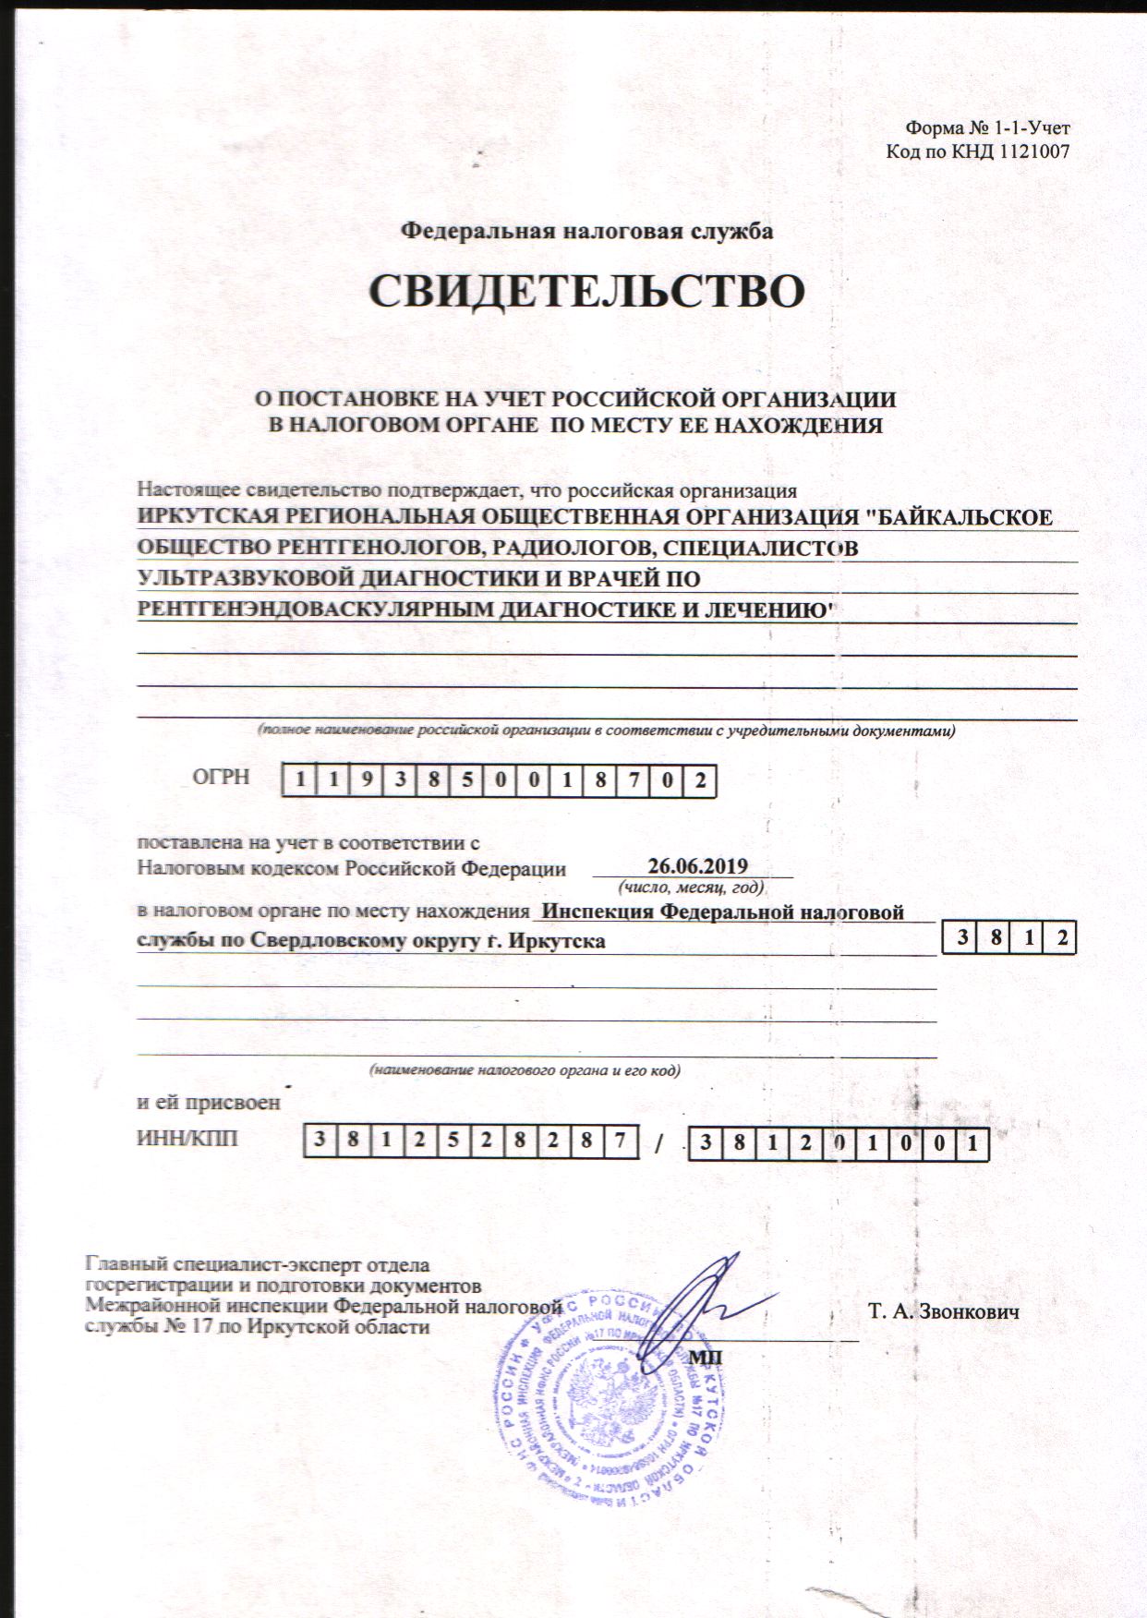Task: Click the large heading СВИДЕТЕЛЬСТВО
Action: pyautogui.click(x=586, y=292)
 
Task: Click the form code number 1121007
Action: pyautogui.click(x=1033, y=152)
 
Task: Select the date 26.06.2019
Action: pyautogui.click(x=697, y=866)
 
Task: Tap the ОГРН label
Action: pyautogui.click(x=221, y=777)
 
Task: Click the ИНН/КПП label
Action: pyautogui.click(x=187, y=1138)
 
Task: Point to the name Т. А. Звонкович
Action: pyautogui.click(x=943, y=1311)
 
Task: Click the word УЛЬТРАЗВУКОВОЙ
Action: pyautogui.click(x=246, y=579)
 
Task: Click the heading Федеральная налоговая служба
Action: pyautogui.click(x=586, y=231)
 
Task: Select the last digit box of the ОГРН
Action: pyautogui.click(x=700, y=781)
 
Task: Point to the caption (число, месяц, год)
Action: pyautogui.click(x=691, y=887)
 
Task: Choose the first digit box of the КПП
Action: pyautogui.click(x=706, y=1144)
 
